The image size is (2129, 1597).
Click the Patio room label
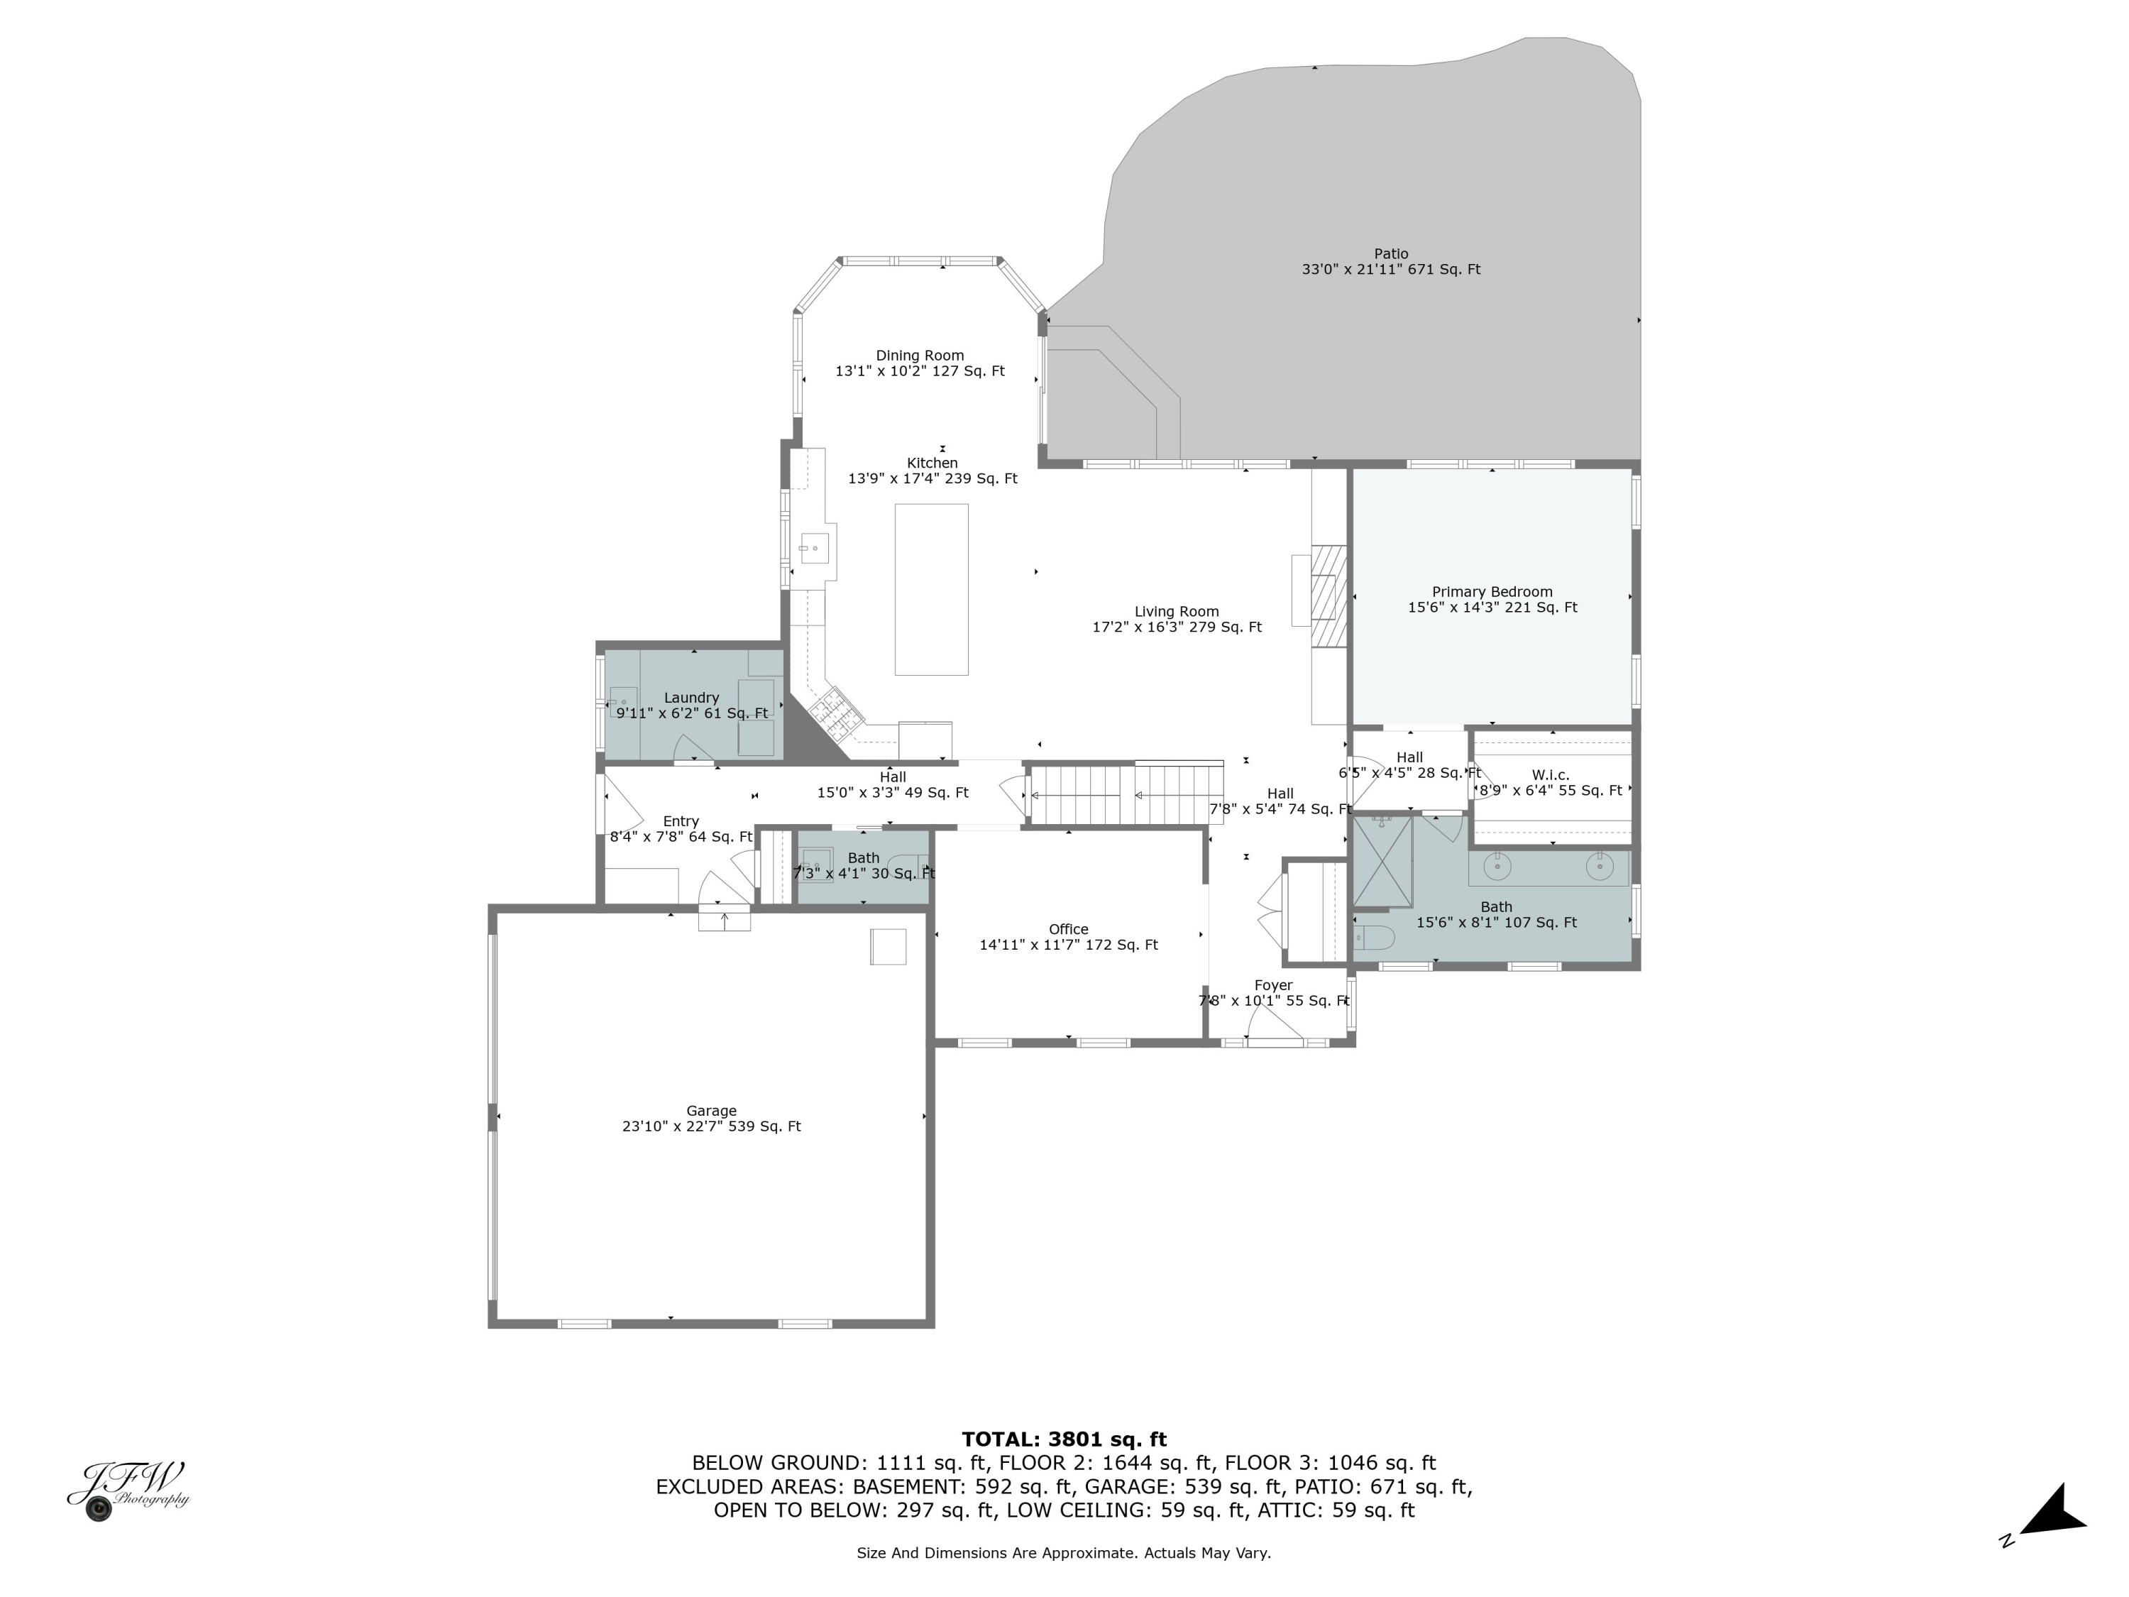tap(1391, 254)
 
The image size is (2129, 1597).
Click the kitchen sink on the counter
tap(814, 548)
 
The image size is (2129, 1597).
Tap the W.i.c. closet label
tap(1551, 775)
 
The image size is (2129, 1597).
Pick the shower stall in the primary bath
tap(1383, 862)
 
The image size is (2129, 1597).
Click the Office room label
tap(1068, 929)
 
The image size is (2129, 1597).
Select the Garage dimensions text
tap(711, 1126)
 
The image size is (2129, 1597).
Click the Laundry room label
tap(691, 698)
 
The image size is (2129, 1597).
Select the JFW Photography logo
tap(128, 1490)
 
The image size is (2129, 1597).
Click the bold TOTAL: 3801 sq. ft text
tap(1064, 1439)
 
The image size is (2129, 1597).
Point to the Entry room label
tap(681, 821)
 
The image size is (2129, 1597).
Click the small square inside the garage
tap(889, 946)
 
